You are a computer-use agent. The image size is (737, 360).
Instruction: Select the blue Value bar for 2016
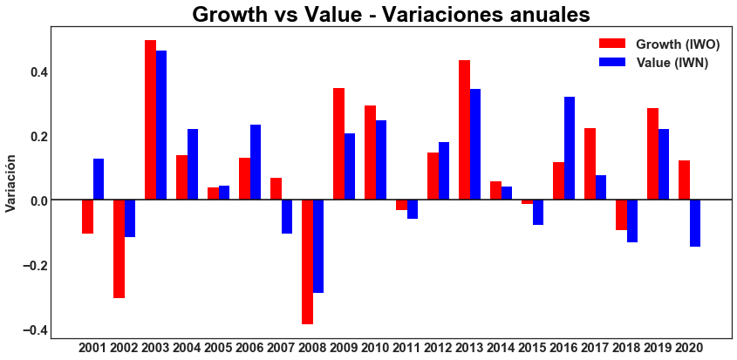coord(570,148)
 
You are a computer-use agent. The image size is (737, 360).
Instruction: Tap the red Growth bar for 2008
coord(307,262)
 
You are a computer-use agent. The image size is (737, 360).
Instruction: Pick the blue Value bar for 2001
coord(99,180)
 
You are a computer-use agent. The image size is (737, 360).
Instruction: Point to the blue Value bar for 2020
coord(695,223)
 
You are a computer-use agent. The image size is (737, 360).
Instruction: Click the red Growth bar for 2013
coord(464,130)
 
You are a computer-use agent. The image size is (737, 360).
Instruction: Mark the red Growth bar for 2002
coord(119,248)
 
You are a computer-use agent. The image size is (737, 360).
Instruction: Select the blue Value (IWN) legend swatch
coord(612,62)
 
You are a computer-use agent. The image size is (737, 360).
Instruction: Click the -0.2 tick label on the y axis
coord(32,265)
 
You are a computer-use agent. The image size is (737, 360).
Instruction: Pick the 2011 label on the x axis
coord(406,348)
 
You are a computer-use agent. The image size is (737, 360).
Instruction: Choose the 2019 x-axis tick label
coord(658,348)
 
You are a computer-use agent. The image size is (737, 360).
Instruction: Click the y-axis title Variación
coord(11,184)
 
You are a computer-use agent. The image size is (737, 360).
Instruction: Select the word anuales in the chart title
coord(542,15)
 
